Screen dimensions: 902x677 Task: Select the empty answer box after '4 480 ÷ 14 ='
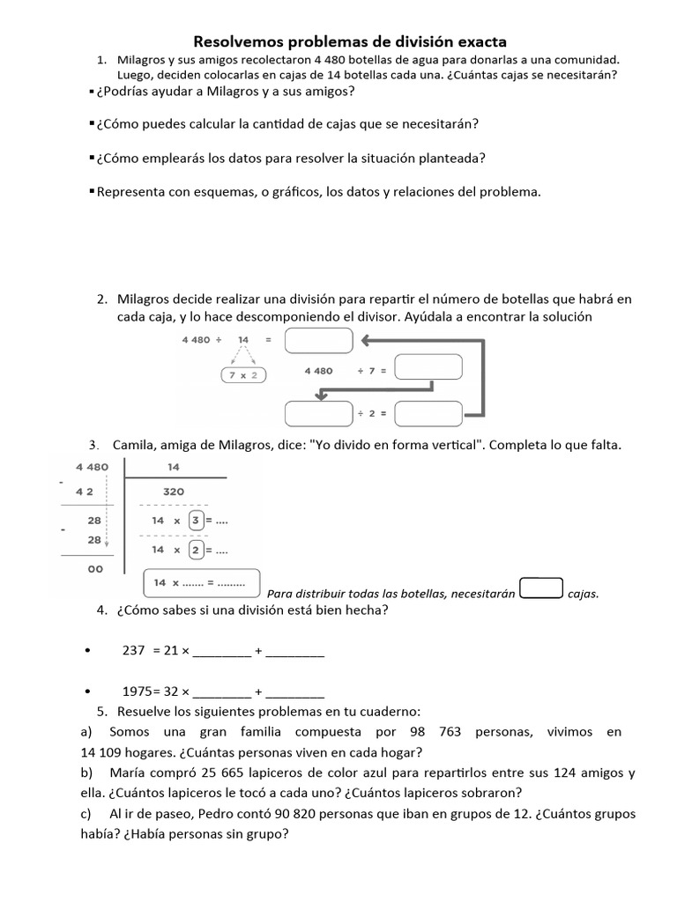[x=318, y=340]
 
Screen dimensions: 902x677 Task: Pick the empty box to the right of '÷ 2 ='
[x=428, y=413]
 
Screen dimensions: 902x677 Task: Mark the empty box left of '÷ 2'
[x=318, y=413]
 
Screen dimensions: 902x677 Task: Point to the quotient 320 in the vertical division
[x=174, y=492]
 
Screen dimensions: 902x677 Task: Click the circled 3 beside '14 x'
[x=197, y=521]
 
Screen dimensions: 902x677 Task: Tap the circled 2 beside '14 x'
[x=197, y=550]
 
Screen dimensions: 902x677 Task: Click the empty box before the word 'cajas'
[x=541, y=588]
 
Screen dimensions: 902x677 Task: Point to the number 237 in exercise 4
[x=132, y=651]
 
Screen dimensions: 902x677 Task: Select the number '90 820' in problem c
[x=301, y=813]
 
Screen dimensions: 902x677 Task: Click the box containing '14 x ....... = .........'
[x=201, y=582]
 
